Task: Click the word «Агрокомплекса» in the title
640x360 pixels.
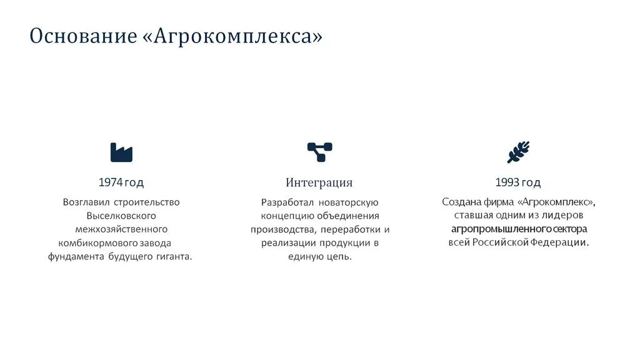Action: (232, 36)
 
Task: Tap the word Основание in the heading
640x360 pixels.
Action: (83, 36)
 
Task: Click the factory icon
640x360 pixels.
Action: (121, 152)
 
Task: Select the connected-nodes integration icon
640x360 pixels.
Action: (319, 152)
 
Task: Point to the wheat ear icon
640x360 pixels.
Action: (518, 152)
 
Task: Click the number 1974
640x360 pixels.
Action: (111, 182)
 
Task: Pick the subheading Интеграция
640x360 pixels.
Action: (319, 182)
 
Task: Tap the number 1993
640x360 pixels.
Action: (507, 182)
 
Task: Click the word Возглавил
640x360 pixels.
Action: (86, 202)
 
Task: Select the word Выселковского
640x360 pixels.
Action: (121, 216)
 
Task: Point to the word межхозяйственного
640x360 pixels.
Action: (121, 229)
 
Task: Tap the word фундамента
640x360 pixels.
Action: (76, 257)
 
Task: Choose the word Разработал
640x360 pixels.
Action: (287, 202)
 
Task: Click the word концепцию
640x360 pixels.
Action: (287, 216)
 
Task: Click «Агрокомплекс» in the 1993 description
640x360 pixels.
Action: (556, 202)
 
